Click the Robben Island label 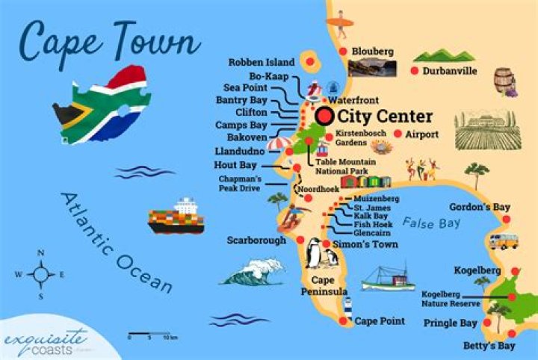tap(262, 62)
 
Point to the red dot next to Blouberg tap(343, 51)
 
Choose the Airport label tap(421, 134)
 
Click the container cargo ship tap(176, 217)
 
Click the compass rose tap(40, 274)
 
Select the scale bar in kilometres tap(152, 334)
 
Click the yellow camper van tap(503, 241)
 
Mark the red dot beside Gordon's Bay tap(506, 220)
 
